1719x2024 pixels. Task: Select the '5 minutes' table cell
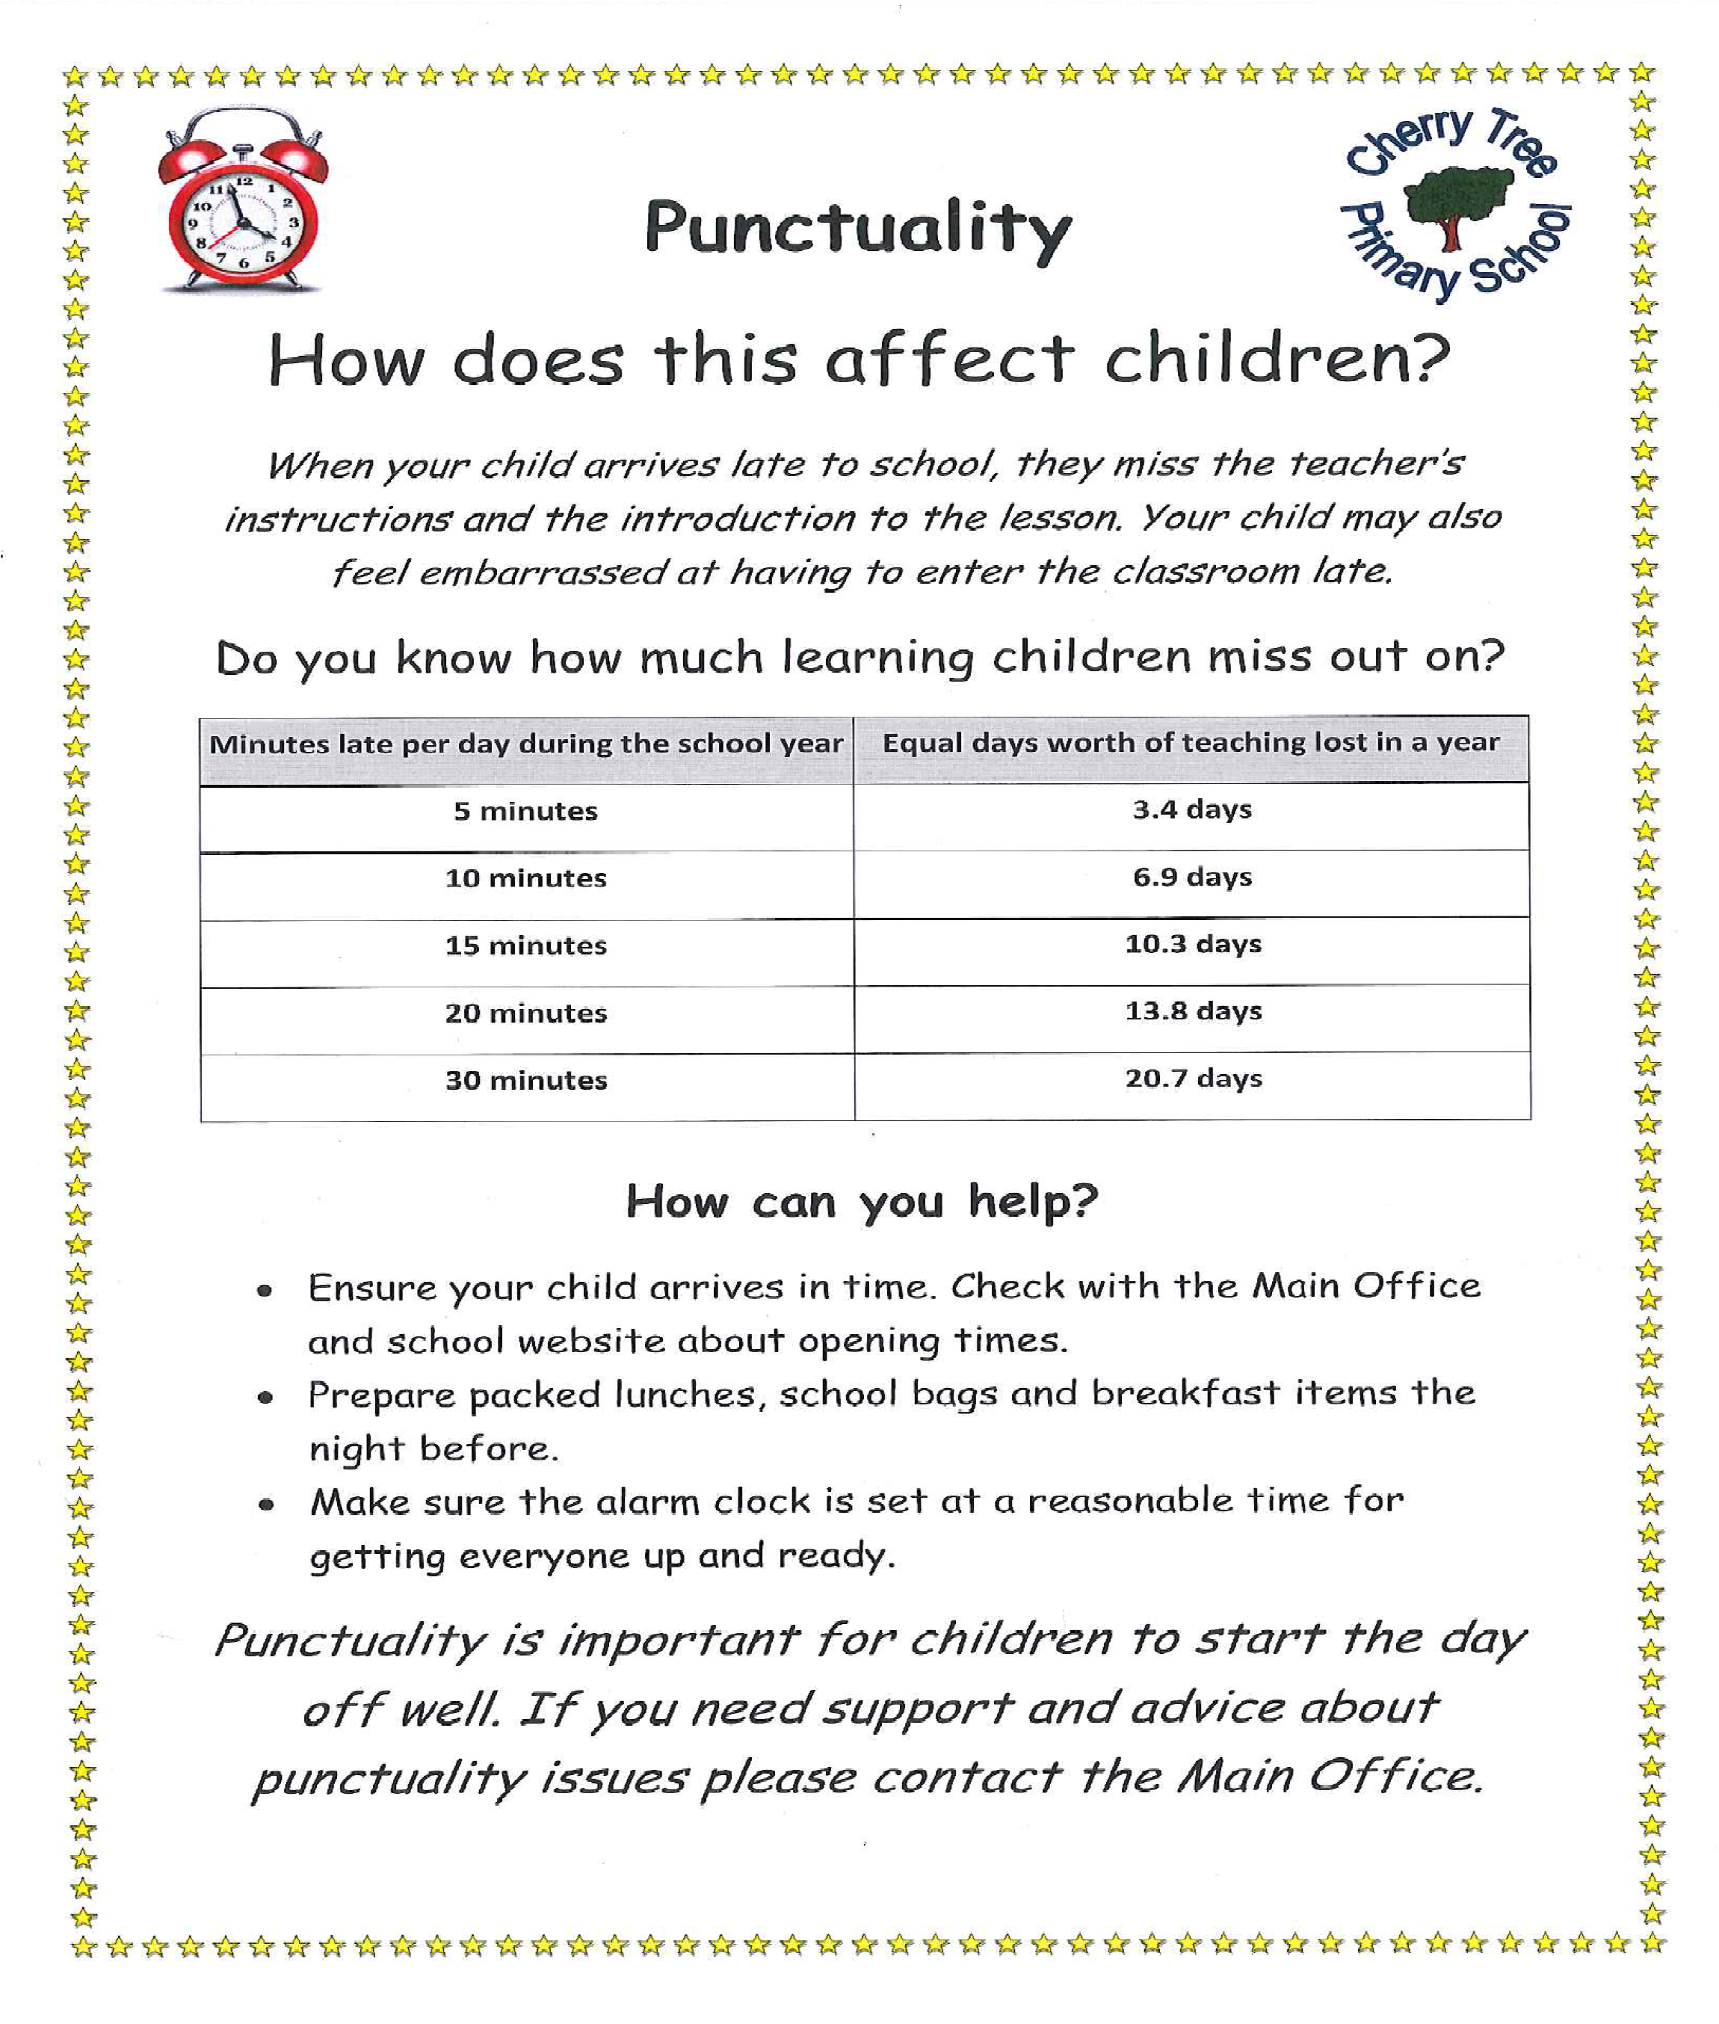coord(525,812)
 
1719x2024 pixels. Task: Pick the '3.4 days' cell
coord(1192,809)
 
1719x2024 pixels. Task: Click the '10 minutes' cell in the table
coord(525,879)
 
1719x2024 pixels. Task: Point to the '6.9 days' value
coord(1192,877)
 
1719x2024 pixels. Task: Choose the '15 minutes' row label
coord(525,946)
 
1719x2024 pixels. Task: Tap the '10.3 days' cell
coord(1193,944)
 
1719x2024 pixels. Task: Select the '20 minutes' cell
coord(525,1013)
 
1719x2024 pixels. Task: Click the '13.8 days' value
coord(1193,1011)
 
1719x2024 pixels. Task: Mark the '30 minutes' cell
coord(525,1081)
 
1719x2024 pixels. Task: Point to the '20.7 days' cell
coord(1193,1079)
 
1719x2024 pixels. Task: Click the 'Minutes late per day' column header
coord(525,744)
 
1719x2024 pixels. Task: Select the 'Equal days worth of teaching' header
coord(1190,742)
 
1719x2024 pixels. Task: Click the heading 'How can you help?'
coord(862,1202)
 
